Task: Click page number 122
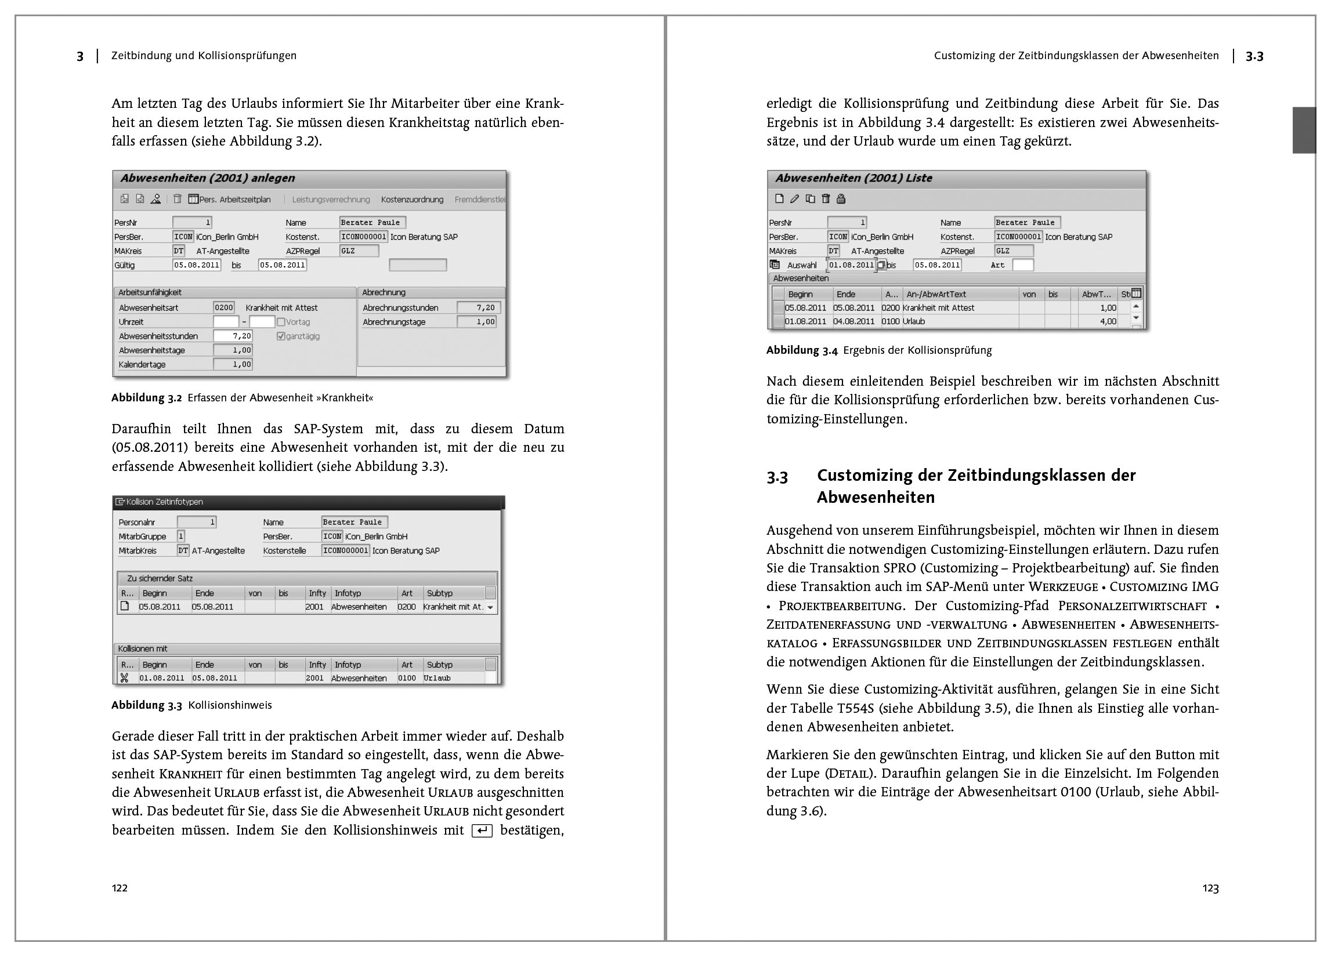(x=120, y=888)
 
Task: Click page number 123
(x=1210, y=889)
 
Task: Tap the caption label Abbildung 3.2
(x=147, y=398)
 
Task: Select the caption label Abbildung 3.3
(x=147, y=705)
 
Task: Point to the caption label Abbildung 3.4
(x=802, y=350)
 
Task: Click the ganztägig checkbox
(x=281, y=336)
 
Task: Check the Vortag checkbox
(x=281, y=322)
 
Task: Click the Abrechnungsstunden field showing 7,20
(x=478, y=307)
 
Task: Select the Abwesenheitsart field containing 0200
(x=223, y=307)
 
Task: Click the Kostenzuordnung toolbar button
(x=412, y=200)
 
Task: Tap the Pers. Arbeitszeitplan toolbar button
(x=229, y=200)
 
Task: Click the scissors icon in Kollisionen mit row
(x=124, y=677)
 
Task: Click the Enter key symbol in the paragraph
(x=482, y=831)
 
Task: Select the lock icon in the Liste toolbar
(x=841, y=199)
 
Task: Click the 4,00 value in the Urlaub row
(x=1108, y=321)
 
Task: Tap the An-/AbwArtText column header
(x=935, y=294)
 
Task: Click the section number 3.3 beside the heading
(x=777, y=476)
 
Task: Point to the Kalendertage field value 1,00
(x=233, y=364)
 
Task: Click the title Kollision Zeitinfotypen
(x=165, y=502)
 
